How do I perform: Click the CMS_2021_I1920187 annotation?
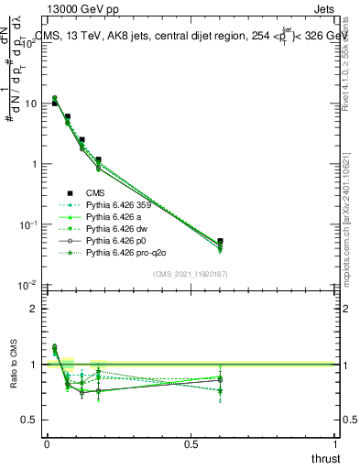(x=190, y=274)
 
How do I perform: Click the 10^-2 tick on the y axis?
(x=27, y=285)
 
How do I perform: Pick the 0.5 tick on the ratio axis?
(x=29, y=420)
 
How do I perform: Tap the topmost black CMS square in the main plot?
(x=54, y=104)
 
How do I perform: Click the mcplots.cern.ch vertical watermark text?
(x=352, y=220)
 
